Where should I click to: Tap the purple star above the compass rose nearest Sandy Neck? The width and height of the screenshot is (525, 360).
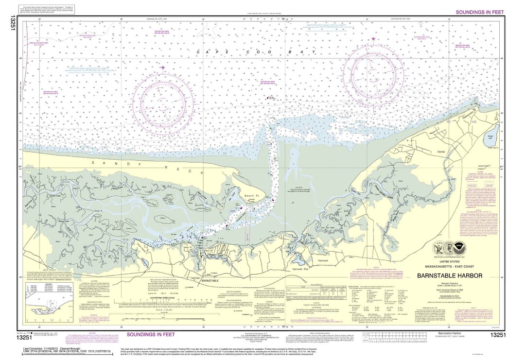point(162,68)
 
